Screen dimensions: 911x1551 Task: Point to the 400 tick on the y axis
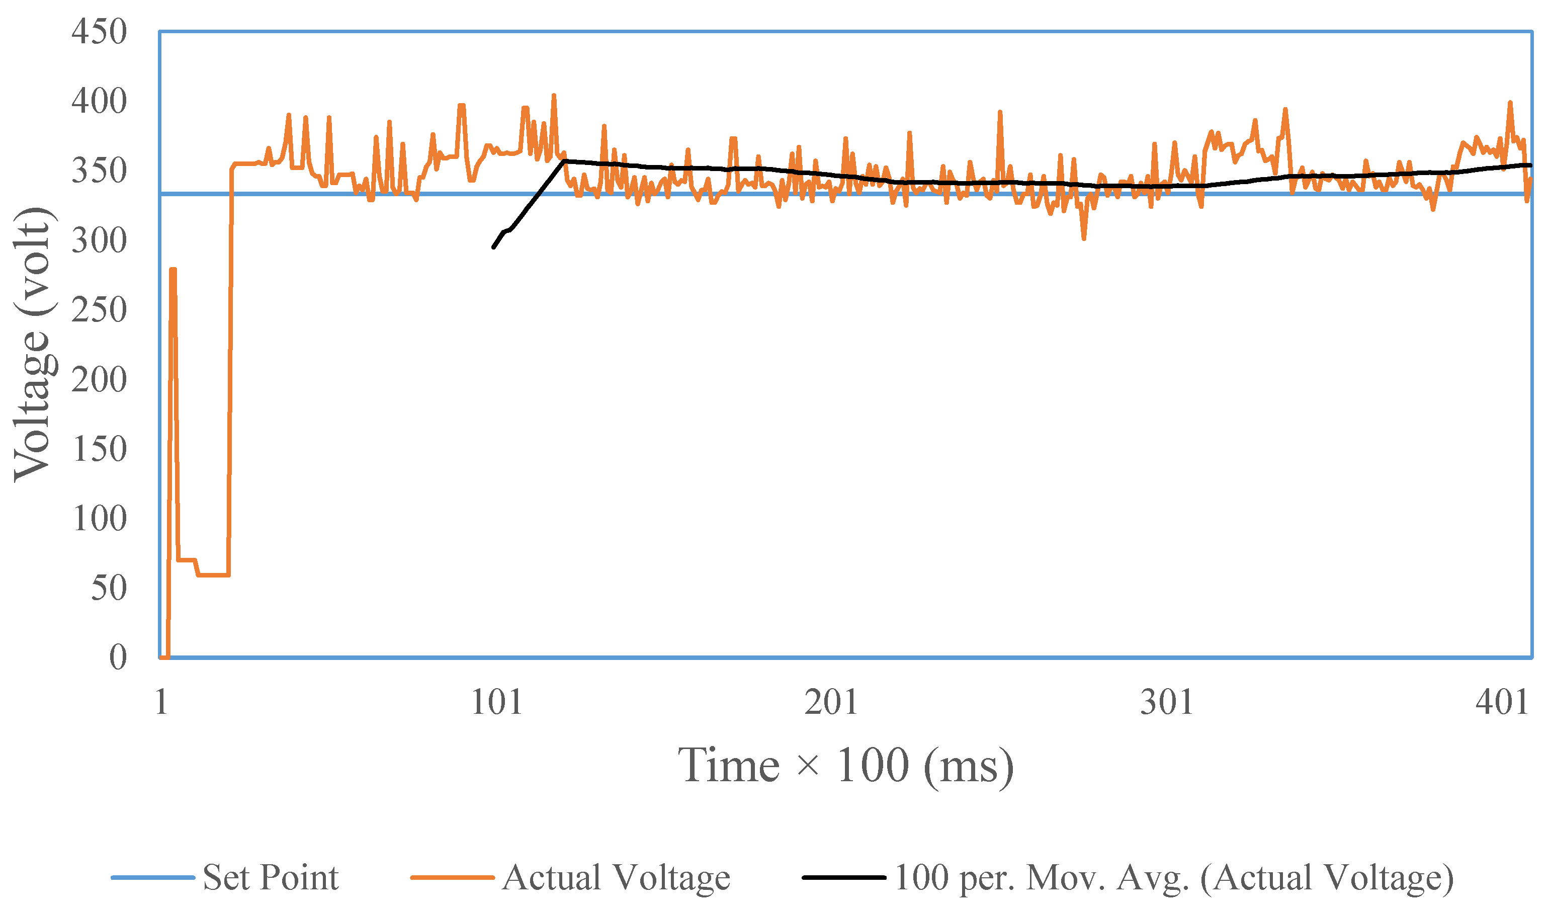pyautogui.click(x=99, y=101)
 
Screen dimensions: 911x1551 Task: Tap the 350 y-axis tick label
pyautogui.click(x=99, y=171)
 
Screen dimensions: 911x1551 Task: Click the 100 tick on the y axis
pyautogui.click(x=99, y=518)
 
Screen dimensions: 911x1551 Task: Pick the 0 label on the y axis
pyautogui.click(x=118, y=657)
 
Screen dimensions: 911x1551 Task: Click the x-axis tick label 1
pyautogui.click(x=162, y=702)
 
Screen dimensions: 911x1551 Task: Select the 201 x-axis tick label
pyautogui.click(x=831, y=702)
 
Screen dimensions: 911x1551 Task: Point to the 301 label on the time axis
pyautogui.click(x=1167, y=702)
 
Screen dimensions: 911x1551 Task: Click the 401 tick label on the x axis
pyautogui.click(x=1502, y=702)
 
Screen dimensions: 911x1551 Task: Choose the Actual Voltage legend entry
pyautogui.click(x=616, y=878)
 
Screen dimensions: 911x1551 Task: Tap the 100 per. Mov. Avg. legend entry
pyautogui.click(x=1172, y=878)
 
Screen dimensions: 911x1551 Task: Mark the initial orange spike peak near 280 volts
pyautogui.click(x=173, y=270)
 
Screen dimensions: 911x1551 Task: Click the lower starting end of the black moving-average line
pyautogui.click(x=493, y=247)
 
